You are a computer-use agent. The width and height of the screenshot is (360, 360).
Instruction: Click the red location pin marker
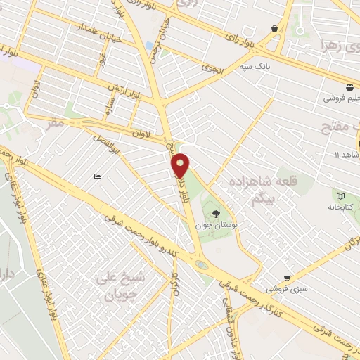(x=181, y=166)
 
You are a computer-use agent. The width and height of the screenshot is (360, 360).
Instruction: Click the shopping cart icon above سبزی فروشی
(x=287, y=278)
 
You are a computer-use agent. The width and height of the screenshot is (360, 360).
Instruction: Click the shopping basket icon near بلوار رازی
(x=274, y=29)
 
